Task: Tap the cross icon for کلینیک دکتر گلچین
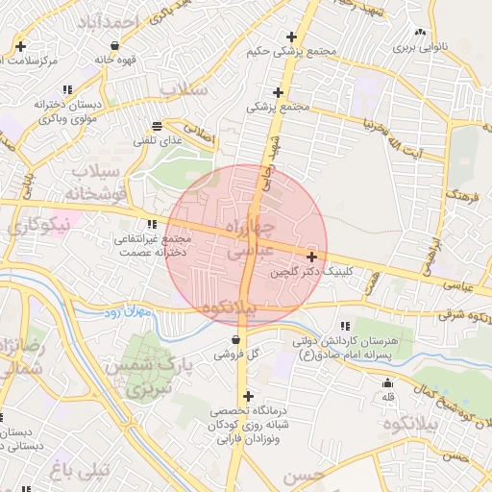[312, 257]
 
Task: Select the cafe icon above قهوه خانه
[115, 45]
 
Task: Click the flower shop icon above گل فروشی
[235, 339]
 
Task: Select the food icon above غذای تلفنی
[157, 126]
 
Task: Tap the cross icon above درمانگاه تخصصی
[248, 396]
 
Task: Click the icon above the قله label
[388, 383]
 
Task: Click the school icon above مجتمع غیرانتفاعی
[151, 224]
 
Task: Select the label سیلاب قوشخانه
[94, 182]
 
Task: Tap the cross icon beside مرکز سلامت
[20, 46]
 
